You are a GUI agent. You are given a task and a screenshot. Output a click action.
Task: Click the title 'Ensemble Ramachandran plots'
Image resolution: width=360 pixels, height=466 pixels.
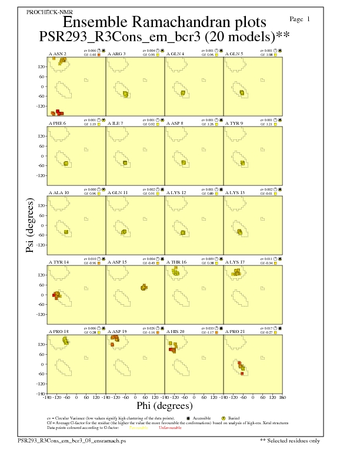164,22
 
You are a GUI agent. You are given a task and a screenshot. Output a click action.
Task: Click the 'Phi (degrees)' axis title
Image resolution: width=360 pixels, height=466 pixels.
164,405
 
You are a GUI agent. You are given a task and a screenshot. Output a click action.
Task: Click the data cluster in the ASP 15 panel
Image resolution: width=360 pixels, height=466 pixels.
144,287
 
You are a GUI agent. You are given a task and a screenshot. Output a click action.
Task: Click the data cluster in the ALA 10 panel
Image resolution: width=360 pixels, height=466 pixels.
66,232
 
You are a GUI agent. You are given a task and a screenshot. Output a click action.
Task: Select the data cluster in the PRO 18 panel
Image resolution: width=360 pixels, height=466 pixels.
65,341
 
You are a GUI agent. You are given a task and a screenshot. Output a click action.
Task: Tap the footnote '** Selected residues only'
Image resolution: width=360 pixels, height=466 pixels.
290,440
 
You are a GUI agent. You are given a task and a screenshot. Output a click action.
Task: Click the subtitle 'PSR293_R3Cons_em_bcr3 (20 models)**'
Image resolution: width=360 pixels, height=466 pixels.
165,36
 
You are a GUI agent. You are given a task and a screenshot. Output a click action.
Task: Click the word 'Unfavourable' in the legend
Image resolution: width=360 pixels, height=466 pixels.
171,428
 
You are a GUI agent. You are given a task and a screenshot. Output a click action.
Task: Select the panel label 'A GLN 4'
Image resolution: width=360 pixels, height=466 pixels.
175,54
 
